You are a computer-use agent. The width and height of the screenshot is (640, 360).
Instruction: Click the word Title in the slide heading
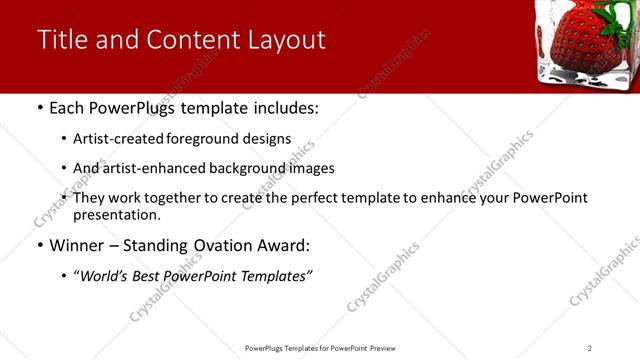(61, 40)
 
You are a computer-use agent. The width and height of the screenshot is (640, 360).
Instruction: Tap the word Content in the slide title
(191, 40)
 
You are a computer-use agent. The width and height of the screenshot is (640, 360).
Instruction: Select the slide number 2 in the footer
(589, 348)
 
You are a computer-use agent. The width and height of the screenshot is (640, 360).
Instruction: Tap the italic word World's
(103, 276)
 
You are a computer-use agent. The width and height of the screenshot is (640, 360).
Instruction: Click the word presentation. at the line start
(116, 214)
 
